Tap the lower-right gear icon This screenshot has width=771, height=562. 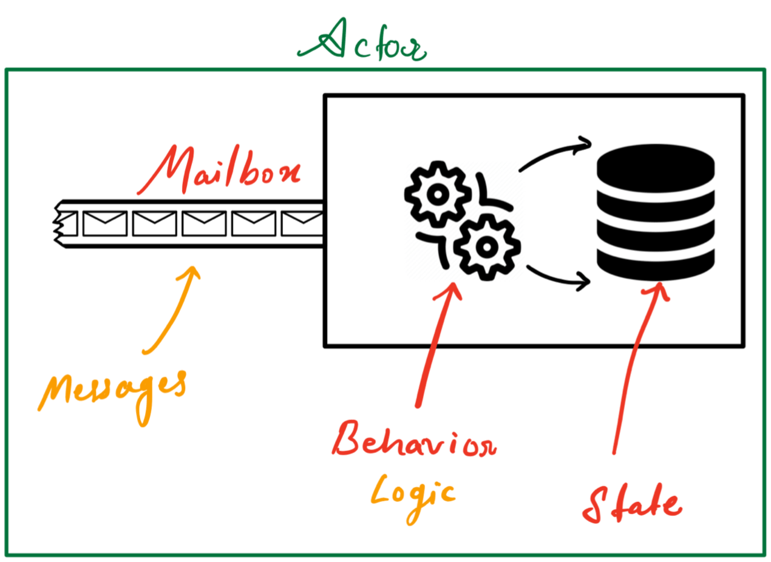[486, 246]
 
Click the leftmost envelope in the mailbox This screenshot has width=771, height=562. [104, 224]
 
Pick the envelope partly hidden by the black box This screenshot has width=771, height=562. [302, 224]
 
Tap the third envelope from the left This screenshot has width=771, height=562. [204, 224]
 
